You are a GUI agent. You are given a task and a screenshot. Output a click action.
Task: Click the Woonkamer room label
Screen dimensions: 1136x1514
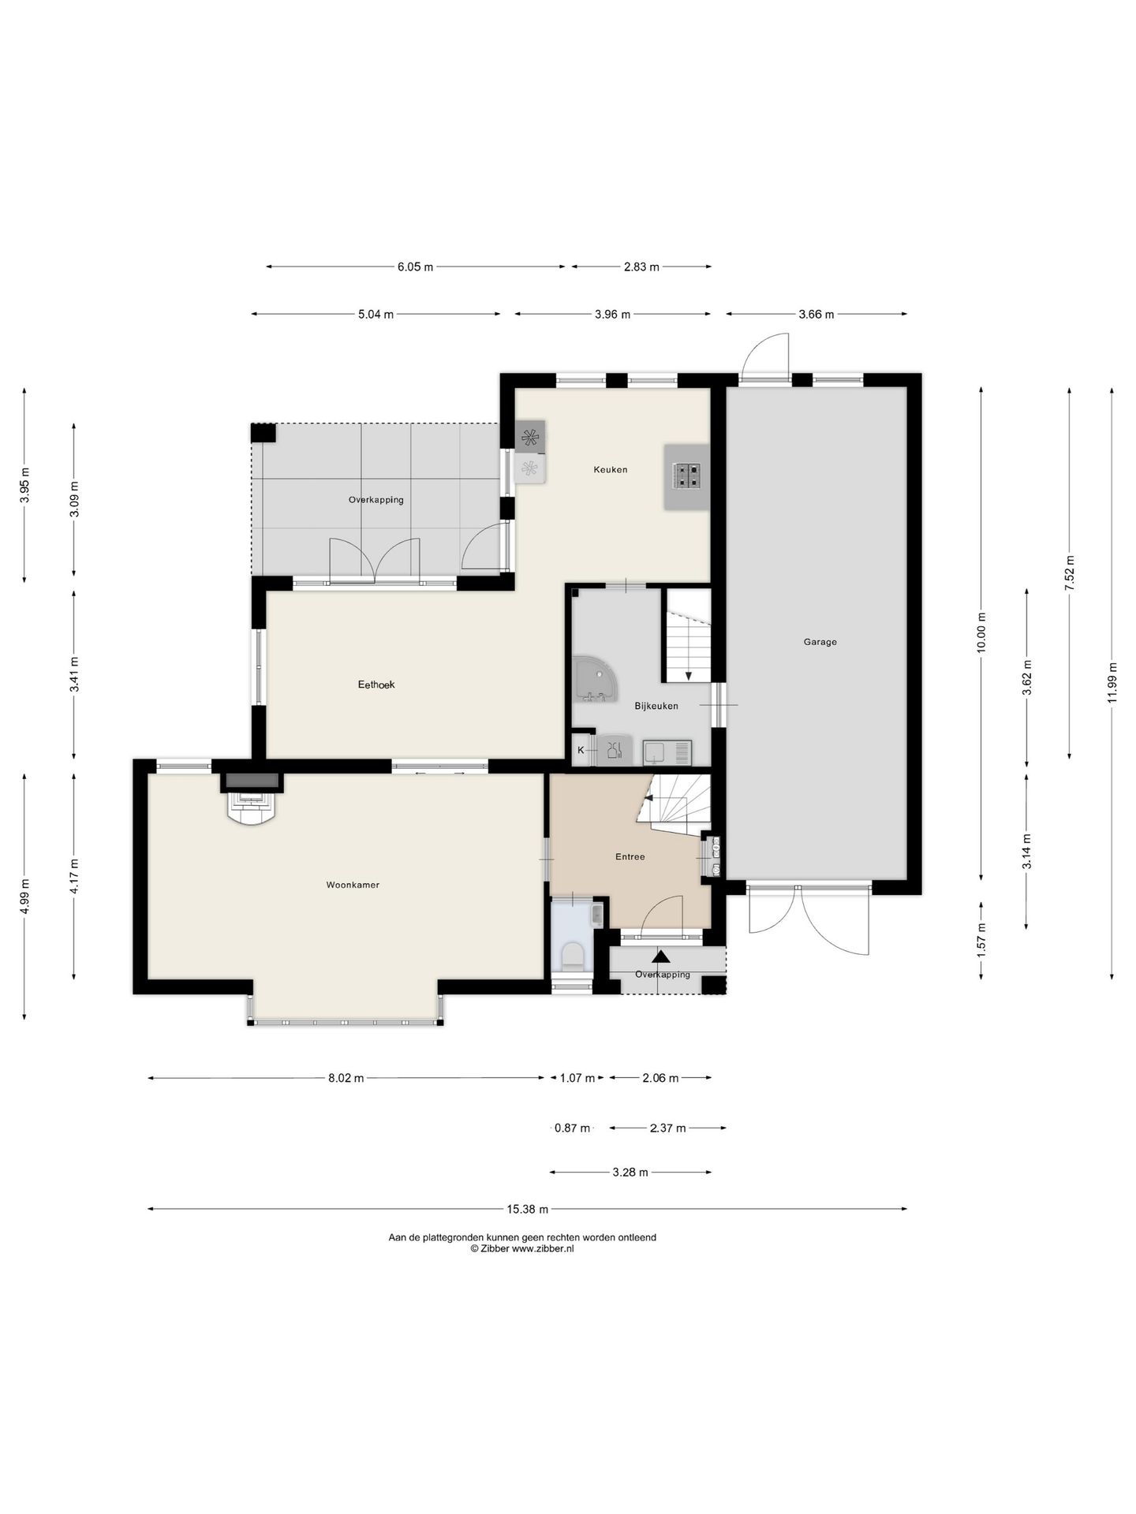click(353, 885)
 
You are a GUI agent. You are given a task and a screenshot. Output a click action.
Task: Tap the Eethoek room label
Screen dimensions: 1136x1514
click(376, 684)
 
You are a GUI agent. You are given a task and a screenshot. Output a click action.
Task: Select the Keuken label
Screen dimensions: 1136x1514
click(611, 469)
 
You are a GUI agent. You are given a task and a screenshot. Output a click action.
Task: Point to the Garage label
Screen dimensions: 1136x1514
click(820, 642)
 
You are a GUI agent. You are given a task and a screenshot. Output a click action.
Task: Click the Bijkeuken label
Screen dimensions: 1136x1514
click(656, 706)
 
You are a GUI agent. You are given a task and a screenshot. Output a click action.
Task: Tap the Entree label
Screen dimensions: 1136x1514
click(630, 856)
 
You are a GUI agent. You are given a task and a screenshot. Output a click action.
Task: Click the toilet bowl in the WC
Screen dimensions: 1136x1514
click(572, 957)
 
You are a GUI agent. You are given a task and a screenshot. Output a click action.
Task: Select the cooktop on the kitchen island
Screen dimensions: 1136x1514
click(686, 475)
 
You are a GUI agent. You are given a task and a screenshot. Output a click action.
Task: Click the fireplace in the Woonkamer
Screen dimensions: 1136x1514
click(252, 800)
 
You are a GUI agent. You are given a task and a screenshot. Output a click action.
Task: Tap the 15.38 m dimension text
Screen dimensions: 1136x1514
click(527, 1209)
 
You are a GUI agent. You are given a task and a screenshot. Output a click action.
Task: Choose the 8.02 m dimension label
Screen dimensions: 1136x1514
click(346, 1078)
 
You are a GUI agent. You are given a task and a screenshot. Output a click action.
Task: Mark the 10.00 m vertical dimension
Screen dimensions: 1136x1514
click(981, 632)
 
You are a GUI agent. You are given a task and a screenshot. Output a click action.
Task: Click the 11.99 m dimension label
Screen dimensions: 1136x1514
click(1112, 683)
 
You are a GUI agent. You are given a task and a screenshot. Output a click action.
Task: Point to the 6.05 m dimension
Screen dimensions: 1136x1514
click(415, 267)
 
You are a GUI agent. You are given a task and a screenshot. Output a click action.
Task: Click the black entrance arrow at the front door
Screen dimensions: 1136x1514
click(661, 957)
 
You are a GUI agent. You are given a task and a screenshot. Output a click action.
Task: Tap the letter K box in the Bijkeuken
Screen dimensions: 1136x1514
click(581, 750)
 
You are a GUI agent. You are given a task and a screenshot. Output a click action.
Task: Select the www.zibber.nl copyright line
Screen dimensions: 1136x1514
click(522, 1249)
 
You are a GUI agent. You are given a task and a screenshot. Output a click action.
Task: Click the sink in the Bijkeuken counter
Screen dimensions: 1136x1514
click(667, 752)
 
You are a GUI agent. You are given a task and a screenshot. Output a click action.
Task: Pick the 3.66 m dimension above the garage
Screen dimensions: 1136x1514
click(816, 314)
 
